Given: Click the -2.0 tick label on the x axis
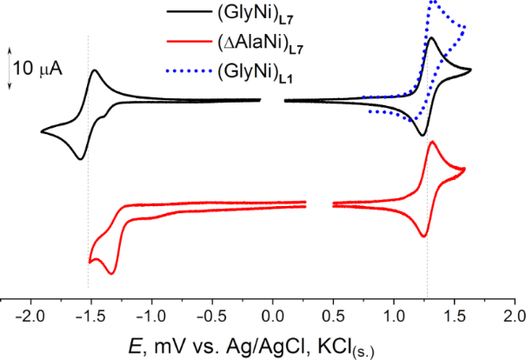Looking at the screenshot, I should coord(29,314).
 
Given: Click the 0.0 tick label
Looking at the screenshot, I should coord(273,314).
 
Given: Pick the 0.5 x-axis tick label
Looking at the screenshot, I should coord(334,314).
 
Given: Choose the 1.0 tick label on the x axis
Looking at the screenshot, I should coord(394,314).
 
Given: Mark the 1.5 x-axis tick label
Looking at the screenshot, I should coord(455,314).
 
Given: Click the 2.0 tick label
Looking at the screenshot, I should coord(515,314).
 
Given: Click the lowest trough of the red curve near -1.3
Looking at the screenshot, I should coord(111,274).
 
